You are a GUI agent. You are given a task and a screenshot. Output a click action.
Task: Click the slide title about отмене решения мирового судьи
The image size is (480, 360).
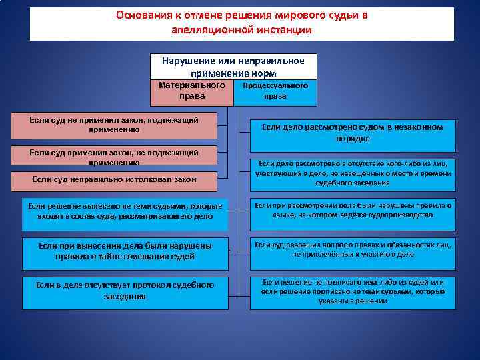(x=241, y=23)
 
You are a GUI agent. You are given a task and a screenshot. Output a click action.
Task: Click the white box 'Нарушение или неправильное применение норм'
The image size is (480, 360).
(x=233, y=67)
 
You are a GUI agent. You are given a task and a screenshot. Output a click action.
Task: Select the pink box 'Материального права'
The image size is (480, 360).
(x=192, y=92)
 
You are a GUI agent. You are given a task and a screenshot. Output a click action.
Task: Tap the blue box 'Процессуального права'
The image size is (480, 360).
(x=275, y=92)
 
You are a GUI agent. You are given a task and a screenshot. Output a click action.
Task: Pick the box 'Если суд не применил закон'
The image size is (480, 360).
(x=114, y=126)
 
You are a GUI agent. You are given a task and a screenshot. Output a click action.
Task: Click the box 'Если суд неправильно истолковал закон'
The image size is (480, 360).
(x=114, y=179)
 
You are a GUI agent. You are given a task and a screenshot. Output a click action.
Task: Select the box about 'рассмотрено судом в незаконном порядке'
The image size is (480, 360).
(x=352, y=133)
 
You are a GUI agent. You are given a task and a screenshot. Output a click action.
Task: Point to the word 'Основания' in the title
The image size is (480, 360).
(x=143, y=15)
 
